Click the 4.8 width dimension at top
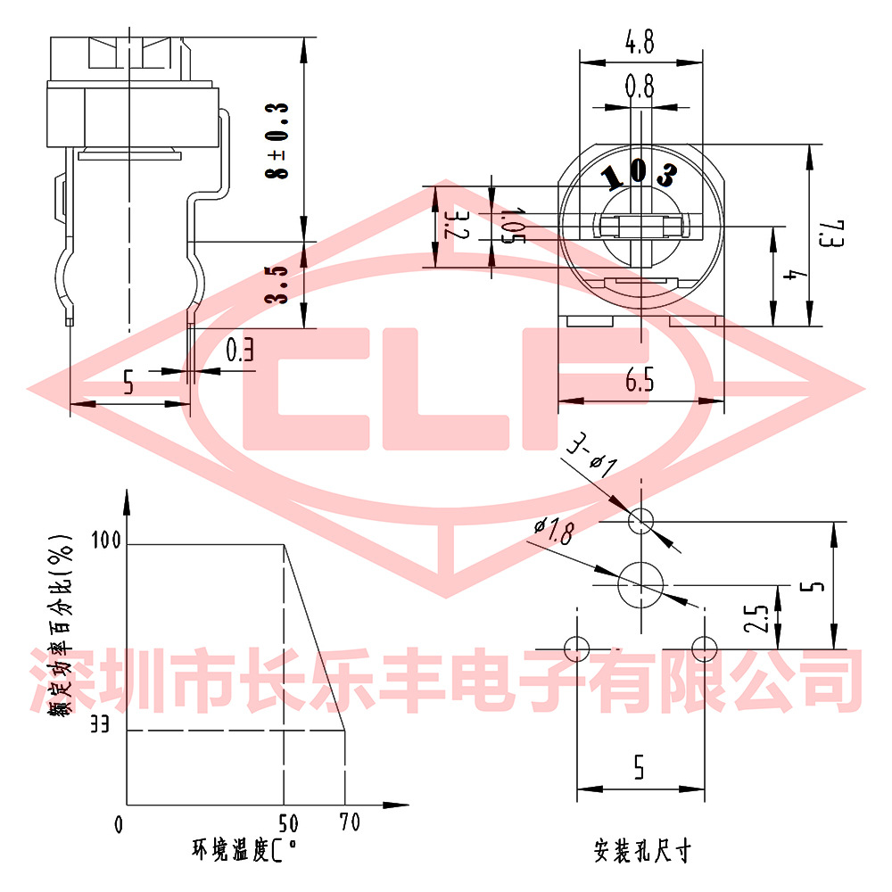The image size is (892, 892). point(640,41)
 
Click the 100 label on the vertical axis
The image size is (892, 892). point(104,540)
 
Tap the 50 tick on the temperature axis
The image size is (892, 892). point(288,822)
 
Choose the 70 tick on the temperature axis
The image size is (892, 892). point(351,822)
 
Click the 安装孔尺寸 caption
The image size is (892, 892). point(641,850)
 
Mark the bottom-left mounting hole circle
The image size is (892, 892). point(577,648)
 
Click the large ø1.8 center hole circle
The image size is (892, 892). point(640,583)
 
